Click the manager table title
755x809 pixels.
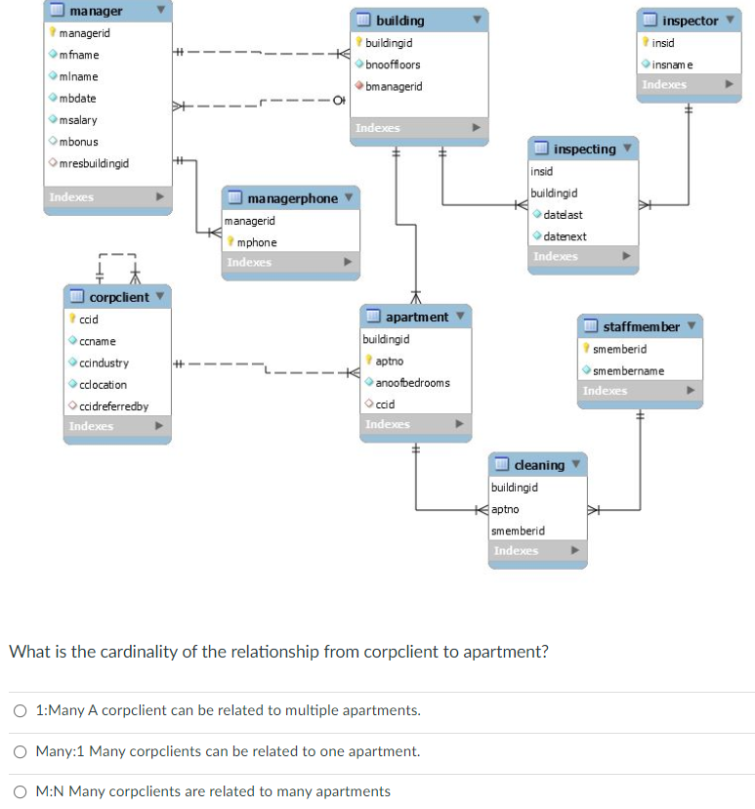(x=96, y=11)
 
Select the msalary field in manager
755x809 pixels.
(x=78, y=120)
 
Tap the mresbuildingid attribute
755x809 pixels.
(x=94, y=163)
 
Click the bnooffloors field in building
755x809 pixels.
(x=393, y=64)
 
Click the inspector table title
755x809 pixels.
(x=690, y=21)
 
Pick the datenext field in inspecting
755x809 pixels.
(x=565, y=236)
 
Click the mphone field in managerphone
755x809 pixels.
(x=257, y=242)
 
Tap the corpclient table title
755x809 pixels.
(x=119, y=297)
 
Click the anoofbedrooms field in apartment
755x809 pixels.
(x=412, y=382)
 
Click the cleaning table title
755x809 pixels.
(x=538, y=465)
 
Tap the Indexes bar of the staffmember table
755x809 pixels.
(x=606, y=391)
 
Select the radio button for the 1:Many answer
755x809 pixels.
(x=20, y=710)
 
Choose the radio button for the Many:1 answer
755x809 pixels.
(x=20, y=751)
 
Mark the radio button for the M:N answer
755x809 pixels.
(x=20, y=791)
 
